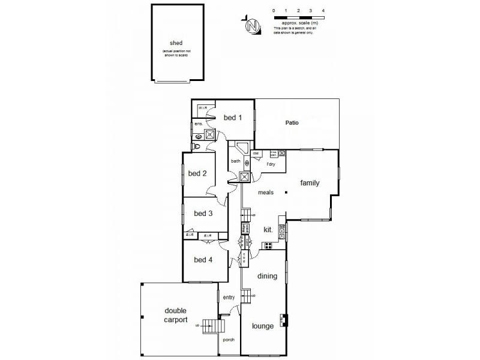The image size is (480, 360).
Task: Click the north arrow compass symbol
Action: tap(253, 26)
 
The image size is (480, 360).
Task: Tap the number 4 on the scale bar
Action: tap(323, 11)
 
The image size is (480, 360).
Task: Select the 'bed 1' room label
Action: tap(233, 118)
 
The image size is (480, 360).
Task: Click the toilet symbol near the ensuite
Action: tap(197, 146)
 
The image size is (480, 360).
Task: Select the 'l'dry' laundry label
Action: tap(271, 164)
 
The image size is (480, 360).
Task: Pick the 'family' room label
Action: tap(310, 183)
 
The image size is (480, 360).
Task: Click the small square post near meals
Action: tap(287, 192)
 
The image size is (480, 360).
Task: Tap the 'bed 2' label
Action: tap(197, 174)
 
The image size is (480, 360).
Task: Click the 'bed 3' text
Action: tap(203, 213)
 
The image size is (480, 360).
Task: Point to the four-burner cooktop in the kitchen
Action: tap(268, 245)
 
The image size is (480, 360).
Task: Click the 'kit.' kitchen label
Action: tap(268, 229)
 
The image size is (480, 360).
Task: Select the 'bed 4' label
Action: tap(203, 260)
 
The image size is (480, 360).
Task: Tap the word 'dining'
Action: tap(267, 277)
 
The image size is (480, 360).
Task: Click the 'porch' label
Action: tap(228, 340)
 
